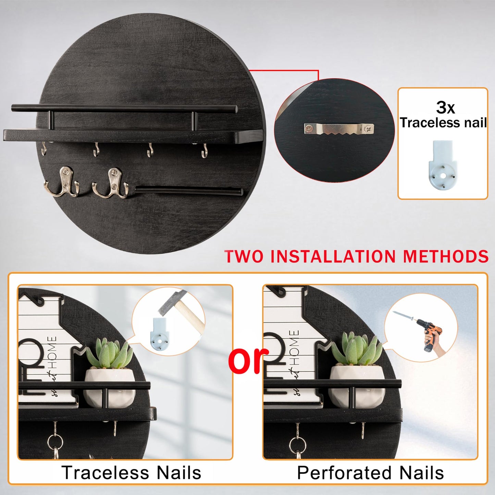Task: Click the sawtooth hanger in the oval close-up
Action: click(339, 129)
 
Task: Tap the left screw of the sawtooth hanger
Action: click(309, 129)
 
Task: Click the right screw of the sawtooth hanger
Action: click(369, 129)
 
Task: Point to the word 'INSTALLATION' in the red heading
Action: click(333, 257)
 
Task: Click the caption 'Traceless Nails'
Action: click(131, 473)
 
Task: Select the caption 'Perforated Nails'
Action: click(370, 473)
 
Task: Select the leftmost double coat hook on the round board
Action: click(62, 182)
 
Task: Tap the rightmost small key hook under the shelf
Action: click(205, 151)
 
